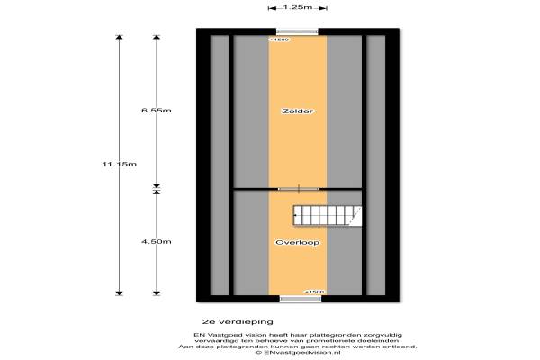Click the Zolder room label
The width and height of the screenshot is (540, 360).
(298, 111)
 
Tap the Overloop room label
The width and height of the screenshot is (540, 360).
(298, 242)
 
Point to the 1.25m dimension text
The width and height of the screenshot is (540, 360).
(298, 7)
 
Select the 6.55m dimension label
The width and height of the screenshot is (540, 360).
(157, 111)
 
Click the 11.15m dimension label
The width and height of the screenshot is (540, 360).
(120, 164)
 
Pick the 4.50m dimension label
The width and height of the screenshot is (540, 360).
(157, 242)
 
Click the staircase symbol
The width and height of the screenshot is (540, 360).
(328, 216)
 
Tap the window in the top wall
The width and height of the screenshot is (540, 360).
(298, 32)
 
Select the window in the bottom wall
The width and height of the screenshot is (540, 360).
(301, 299)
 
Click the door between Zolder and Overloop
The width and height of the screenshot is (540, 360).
(299, 189)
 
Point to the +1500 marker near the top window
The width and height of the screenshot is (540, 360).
(279, 40)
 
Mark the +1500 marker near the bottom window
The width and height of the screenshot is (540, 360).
(314, 292)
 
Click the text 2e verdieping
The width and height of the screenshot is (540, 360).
(238, 322)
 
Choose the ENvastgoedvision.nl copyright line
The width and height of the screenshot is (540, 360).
(298, 353)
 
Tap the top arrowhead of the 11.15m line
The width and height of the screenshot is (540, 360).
(119, 38)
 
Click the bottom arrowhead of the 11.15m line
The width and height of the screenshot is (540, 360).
(119, 293)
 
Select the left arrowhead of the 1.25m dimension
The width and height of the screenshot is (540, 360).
(272, 8)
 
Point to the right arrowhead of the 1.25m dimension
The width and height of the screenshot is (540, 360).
(323, 8)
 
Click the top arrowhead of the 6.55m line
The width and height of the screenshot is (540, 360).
(157, 38)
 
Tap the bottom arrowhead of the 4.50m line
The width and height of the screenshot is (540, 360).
(157, 293)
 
